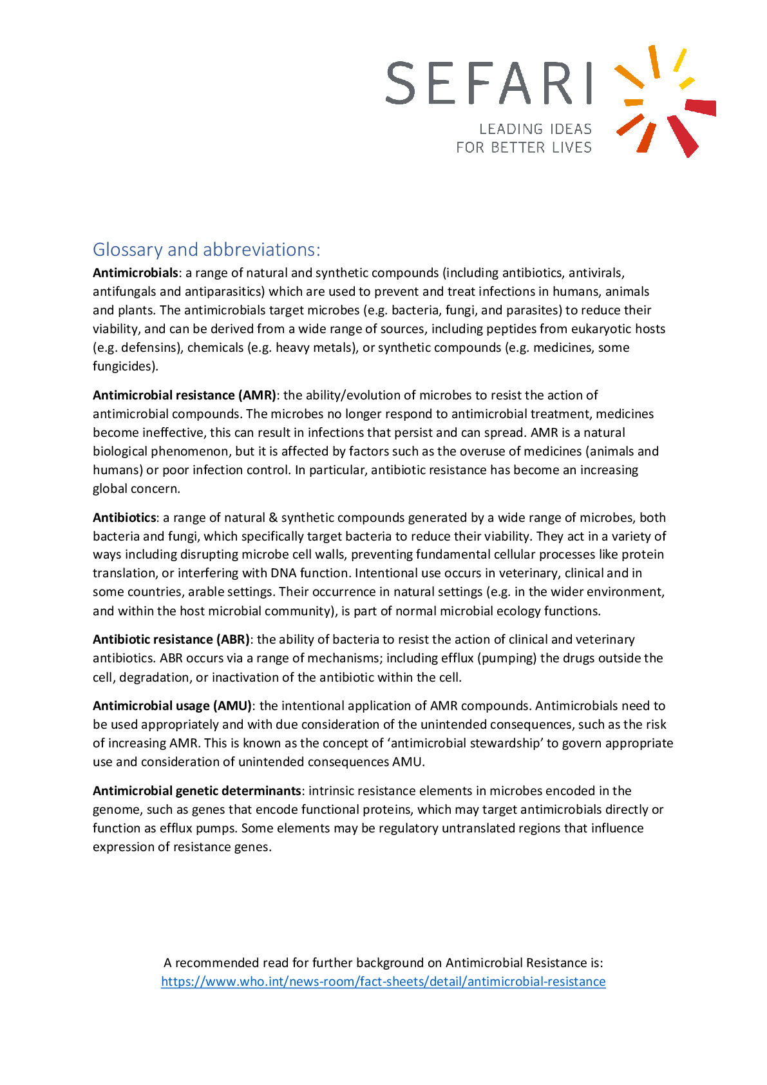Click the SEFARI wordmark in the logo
(488, 83)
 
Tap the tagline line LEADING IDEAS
(535, 129)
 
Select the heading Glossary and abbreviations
(206, 249)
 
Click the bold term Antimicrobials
(135, 273)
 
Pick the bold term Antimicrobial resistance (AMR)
(184, 395)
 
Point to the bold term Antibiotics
(124, 517)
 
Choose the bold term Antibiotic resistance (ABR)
(171, 639)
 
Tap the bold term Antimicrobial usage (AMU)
(172, 706)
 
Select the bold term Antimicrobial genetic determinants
(196, 791)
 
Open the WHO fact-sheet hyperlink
(383, 981)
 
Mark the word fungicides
(124, 366)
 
